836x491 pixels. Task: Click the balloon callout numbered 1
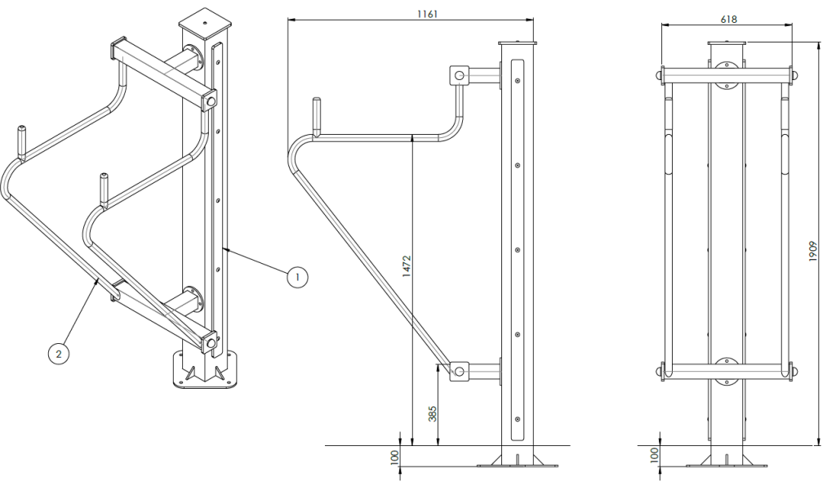pos(297,277)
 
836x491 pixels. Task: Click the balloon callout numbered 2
pos(58,353)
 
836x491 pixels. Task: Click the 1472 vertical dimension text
pos(407,267)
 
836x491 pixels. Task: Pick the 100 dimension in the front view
pos(654,455)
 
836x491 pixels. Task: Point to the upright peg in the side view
pos(316,115)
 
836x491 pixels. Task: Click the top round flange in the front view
pos(727,82)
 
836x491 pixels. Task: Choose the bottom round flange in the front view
pos(727,364)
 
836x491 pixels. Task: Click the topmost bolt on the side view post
pos(518,80)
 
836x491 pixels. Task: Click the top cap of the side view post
pos(518,43)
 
